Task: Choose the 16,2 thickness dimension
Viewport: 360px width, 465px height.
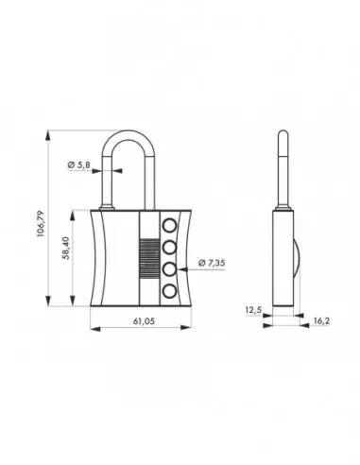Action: pyautogui.click(x=319, y=321)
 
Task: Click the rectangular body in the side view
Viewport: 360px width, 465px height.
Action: pyautogui.click(x=286, y=260)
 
